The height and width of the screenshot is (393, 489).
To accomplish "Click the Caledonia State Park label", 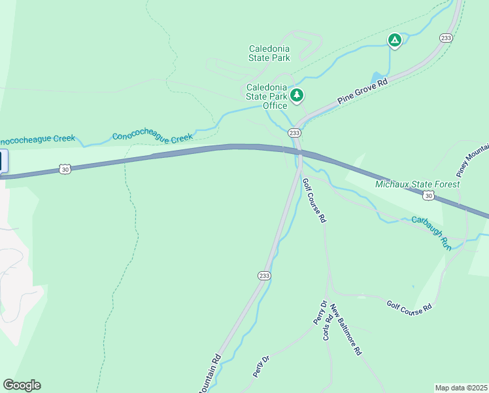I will click(269, 53).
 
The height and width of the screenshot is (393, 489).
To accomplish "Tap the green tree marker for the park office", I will click(297, 96).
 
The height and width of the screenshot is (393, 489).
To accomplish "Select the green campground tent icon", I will click(394, 41).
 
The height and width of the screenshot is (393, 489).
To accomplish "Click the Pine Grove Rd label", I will click(363, 92).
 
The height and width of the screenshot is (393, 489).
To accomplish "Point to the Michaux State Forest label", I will click(417, 184).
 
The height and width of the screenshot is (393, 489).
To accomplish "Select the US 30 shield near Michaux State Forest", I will click(428, 195).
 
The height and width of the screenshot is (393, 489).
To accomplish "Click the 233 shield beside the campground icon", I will click(446, 38).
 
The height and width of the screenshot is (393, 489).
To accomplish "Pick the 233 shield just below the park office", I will click(294, 133).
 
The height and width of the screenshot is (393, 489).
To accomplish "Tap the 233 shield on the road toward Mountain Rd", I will click(264, 276).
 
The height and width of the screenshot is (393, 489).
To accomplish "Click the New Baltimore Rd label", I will click(346, 329).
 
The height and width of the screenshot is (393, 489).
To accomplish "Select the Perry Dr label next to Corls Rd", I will click(320, 312).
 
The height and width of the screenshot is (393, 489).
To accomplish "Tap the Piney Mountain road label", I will click(472, 160).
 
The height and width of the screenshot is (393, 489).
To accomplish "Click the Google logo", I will click(22, 385).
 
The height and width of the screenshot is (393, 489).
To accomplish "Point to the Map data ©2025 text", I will click(461, 387).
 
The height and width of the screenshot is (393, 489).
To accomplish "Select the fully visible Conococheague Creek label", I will click(153, 137).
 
